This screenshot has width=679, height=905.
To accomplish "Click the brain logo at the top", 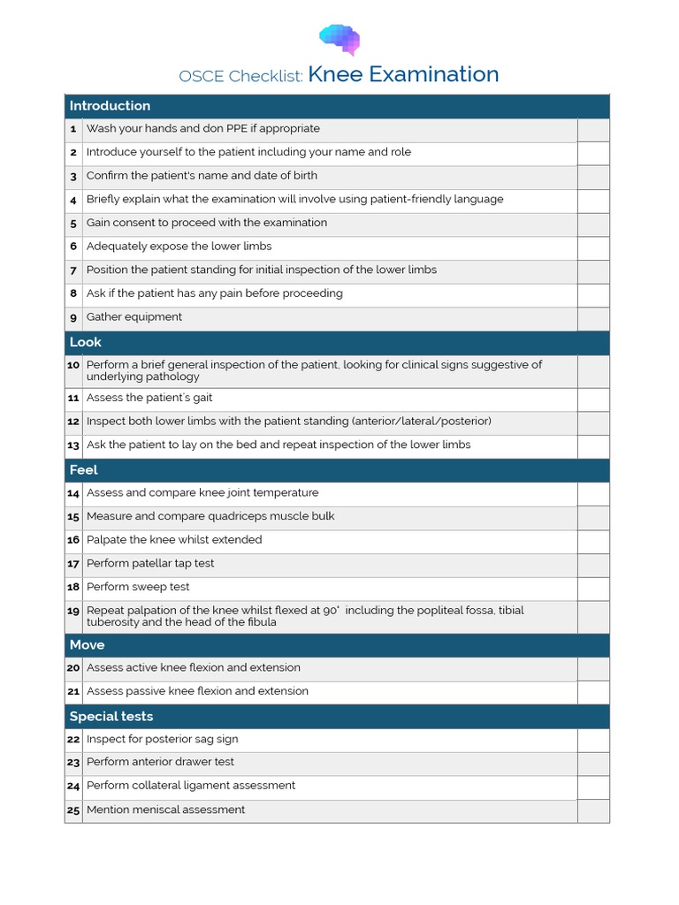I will pyautogui.click(x=339, y=39).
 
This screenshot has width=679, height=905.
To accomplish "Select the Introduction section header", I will pyautogui.click(x=110, y=106).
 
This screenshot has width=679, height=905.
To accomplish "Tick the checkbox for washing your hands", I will pyautogui.click(x=593, y=129).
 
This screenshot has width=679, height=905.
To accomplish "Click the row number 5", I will pyautogui.click(x=74, y=223).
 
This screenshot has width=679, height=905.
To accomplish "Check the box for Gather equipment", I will pyautogui.click(x=593, y=318).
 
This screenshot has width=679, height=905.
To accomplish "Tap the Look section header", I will pyautogui.click(x=86, y=342).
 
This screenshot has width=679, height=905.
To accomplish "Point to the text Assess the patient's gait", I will pyautogui.click(x=149, y=398).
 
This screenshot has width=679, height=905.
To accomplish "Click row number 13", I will pyautogui.click(x=73, y=445).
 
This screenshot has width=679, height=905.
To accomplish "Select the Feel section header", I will pyautogui.click(x=84, y=470).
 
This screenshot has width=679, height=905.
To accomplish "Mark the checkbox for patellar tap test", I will pyautogui.click(x=593, y=565).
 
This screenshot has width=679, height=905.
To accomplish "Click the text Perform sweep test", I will pyautogui.click(x=138, y=587).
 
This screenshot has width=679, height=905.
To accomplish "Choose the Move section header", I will pyautogui.click(x=88, y=645).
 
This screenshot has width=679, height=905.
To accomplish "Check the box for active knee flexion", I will pyautogui.click(x=593, y=669).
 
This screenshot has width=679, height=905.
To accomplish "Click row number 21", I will pyautogui.click(x=73, y=692).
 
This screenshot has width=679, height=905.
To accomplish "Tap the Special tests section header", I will pyautogui.click(x=111, y=717).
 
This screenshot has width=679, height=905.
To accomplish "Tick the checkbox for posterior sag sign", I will pyautogui.click(x=593, y=740).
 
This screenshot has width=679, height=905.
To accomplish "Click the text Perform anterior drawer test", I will pyautogui.click(x=160, y=762).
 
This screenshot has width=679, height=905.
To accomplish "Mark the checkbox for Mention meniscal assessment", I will pyautogui.click(x=593, y=810).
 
